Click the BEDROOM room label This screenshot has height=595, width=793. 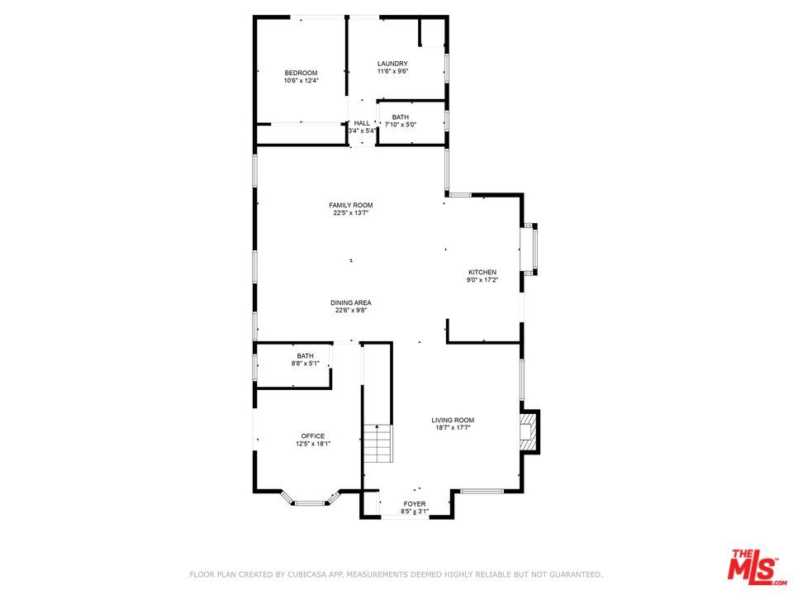point(301,73)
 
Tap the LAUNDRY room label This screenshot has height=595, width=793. point(392,64)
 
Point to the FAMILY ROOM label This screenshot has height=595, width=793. point(350,205)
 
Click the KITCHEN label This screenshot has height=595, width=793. point(482,272)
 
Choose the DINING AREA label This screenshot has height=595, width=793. point(351,302)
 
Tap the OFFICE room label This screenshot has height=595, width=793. point(312,436)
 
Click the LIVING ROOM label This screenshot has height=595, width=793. point(453,420)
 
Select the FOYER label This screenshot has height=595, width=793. point(414,503)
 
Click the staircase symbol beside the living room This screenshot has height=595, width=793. point(377,444)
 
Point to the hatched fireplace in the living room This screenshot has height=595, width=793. point(528,431)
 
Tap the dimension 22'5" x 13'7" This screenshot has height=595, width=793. point(350,213)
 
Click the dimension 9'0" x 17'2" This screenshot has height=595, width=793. point(482,280)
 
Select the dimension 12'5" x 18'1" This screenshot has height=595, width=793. point(313,444)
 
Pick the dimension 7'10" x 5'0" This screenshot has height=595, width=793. point(401,125)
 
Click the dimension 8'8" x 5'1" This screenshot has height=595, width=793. point(305,363)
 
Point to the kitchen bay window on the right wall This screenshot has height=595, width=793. point(534,249)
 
